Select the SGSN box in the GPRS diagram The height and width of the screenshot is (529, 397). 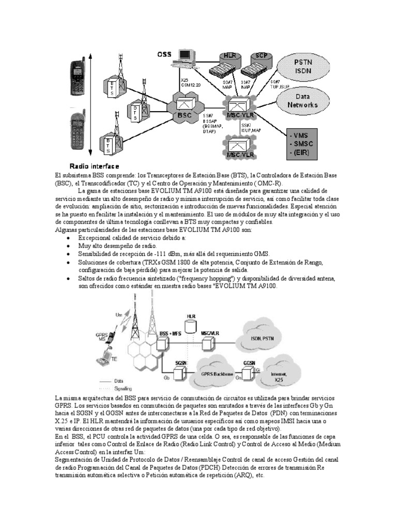180,365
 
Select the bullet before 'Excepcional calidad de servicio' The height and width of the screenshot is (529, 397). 69,237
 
